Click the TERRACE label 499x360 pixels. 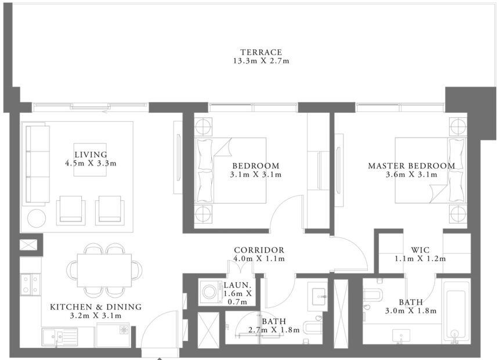[x=253, y=52]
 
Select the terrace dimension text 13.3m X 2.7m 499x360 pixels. [x=253, y=61]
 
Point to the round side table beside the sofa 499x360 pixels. [x=37, y=218]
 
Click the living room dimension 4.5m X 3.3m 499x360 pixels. [x=91, y=163]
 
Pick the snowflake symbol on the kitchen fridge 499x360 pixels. [x=124, y=329]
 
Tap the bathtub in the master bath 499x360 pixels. [x=456, y=312]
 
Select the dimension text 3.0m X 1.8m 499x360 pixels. [x=411, y=311]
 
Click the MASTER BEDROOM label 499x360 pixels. [x=411, y=166]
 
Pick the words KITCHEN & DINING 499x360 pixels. [x=87, y=307]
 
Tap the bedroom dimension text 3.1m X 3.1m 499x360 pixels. [x=255, y=174]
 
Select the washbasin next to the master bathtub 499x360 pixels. [x=401, y=335]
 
